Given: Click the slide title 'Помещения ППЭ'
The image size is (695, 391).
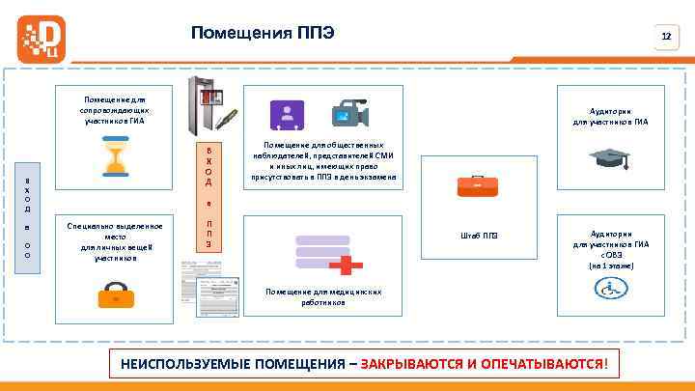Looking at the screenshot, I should coord(263,34).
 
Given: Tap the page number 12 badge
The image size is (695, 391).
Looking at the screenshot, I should coord(665,37).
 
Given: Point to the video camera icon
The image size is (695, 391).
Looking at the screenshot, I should coord(348,115).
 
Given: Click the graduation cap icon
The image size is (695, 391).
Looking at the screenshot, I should coord(610,158).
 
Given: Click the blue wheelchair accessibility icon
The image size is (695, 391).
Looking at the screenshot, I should coord(610,287).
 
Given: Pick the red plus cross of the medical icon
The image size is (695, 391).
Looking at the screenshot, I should coord(351,262).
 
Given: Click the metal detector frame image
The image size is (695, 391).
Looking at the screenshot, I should coord(208,106).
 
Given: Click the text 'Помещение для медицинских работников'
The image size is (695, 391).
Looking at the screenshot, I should coord(323,296).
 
